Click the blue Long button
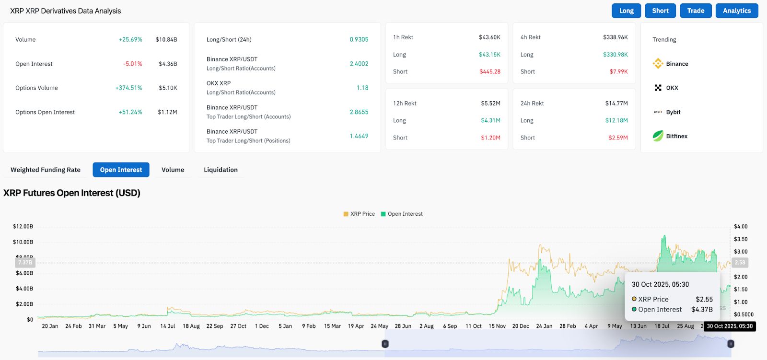coord(626,11)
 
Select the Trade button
coord(696,11)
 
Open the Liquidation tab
coord(221,170)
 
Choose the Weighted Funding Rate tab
coord(46,170)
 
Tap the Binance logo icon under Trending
coord(658,63)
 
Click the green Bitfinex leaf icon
coord(658,136)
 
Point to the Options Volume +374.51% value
coord(128,88)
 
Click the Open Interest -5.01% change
coord(132,64)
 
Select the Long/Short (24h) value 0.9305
coord(359,39)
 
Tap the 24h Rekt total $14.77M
coord(616,103)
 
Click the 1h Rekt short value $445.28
coord(489,71)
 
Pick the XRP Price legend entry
coord(359,214)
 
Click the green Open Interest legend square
coord(383,214)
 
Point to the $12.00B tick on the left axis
coord(23,226)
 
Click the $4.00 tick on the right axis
coord(741,226)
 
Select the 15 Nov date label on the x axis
coord(497,326)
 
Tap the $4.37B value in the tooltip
coord(702,309)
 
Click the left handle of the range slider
coord(385,344)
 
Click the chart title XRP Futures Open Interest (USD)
coord(72,193)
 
